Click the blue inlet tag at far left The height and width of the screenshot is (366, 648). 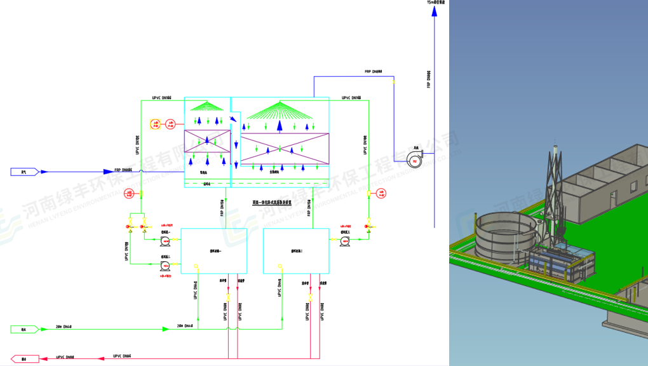click(25, 172)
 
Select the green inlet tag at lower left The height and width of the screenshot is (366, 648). click(25, 329)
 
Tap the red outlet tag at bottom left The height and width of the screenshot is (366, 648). click(24, 359)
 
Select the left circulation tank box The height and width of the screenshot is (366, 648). click(213, 251)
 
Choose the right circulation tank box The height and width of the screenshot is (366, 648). click(296, 251)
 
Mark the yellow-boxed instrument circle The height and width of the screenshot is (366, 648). click(154, 124)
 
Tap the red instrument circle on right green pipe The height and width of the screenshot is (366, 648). click(381, 193)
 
